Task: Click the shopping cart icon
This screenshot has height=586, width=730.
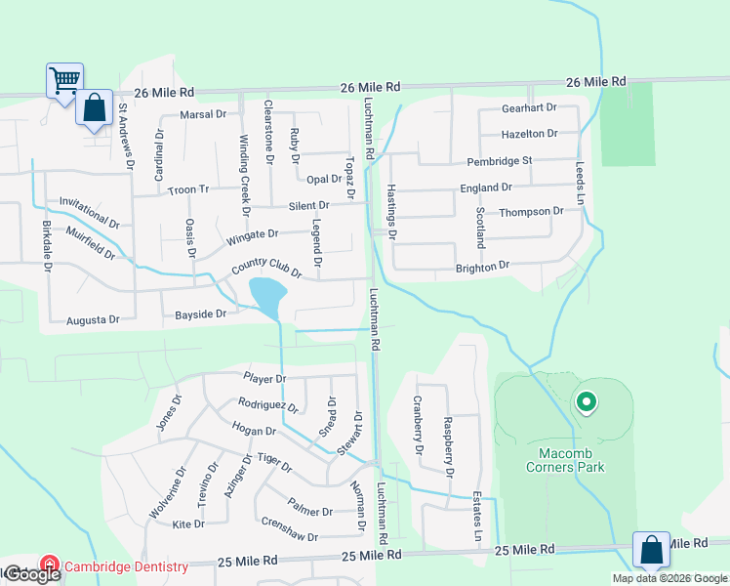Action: click(64, 78)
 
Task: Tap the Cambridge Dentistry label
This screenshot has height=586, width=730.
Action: click(126, 566)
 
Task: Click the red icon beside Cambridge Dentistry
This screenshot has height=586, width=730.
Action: click(50, 565)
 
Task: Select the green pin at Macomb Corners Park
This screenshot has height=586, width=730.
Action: click(586, 401)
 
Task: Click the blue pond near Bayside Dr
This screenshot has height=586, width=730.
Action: click(267, 294)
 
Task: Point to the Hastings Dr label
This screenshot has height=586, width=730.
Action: click(392, 212)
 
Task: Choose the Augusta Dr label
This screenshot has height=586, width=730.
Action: click(93, 319)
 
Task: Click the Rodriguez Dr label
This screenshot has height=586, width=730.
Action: click(267, 404)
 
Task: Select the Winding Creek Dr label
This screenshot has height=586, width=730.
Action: click(245, 181)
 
